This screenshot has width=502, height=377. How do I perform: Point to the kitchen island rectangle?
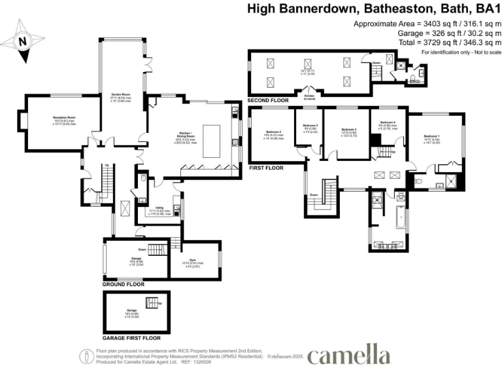[x=212, y=140]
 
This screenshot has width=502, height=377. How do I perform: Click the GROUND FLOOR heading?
[x=124, y=285]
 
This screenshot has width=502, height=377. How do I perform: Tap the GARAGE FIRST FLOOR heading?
[x=131, y=338]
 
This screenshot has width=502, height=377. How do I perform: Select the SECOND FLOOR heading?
[x=268, y=101]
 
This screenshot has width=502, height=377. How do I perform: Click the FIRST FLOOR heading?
[x=266, y=168]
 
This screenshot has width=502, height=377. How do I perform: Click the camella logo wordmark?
[x=348, y=356]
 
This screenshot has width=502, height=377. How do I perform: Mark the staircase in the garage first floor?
[x=152, y=302]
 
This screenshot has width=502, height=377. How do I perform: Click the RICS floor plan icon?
[x=86, y=356]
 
